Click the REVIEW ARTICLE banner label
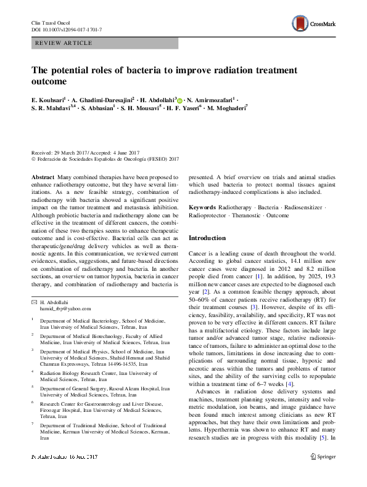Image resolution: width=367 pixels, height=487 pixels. point(64,43)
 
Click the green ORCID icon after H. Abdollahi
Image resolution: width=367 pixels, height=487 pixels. point(179,99)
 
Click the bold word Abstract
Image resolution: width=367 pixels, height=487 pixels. point(42,176)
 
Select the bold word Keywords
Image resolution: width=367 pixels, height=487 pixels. point(202,208)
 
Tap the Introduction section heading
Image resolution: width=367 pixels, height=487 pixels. point(207,238)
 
